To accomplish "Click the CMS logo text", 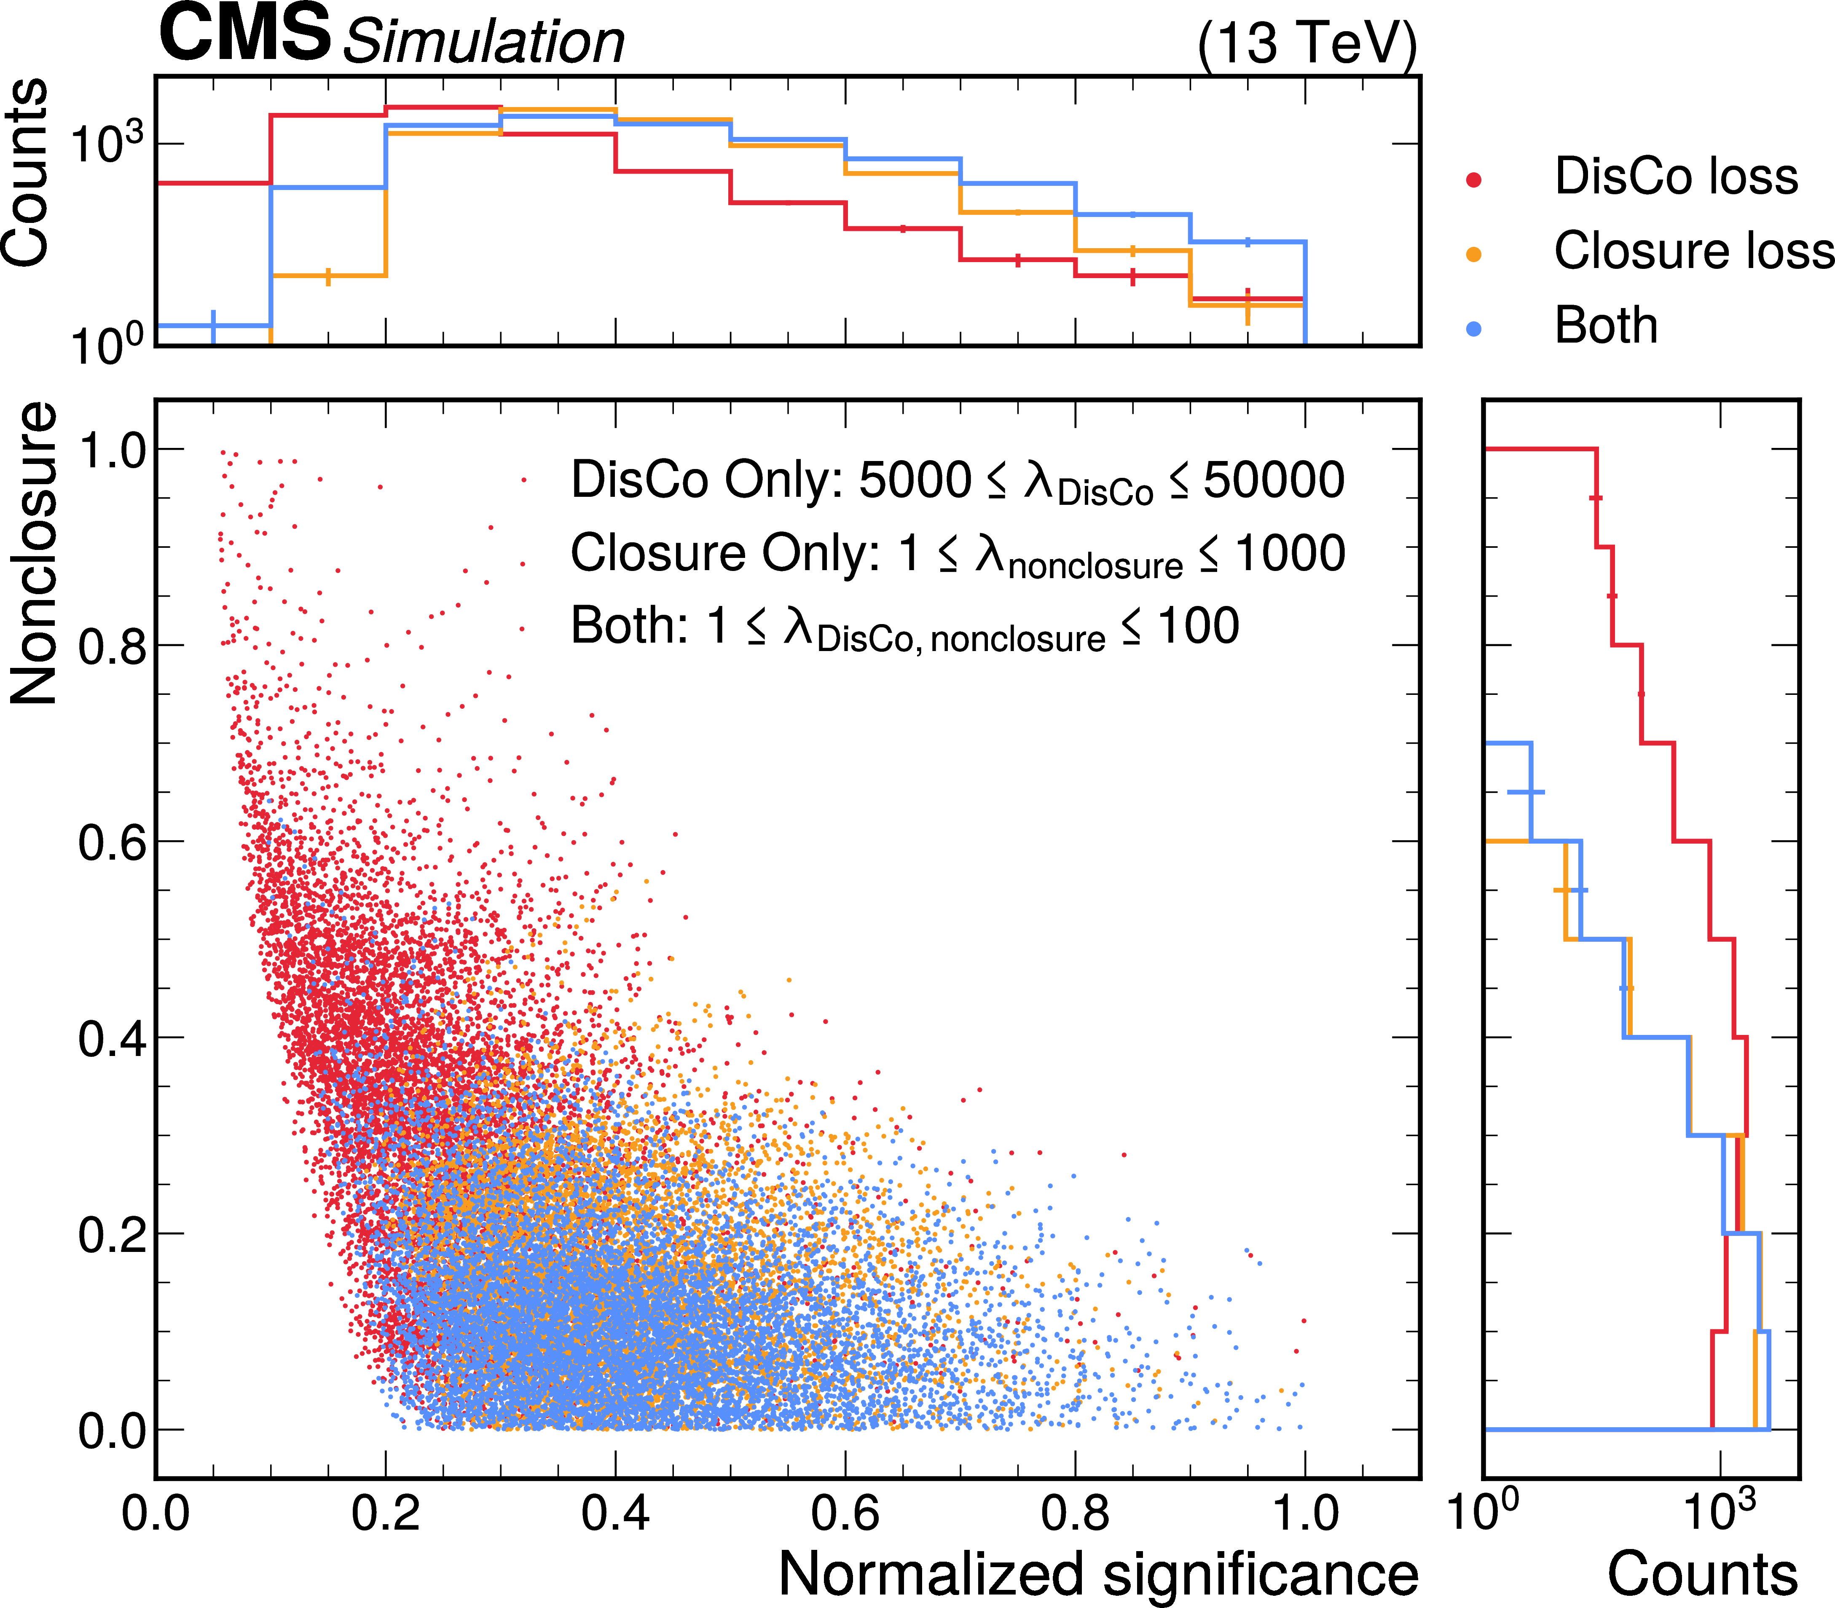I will tap(244, 34).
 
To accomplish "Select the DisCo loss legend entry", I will tap(1675, 177).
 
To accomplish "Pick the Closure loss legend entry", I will tap(1693, 251).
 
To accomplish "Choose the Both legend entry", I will tap(1605, 326).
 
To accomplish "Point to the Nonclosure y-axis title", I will tap(34, 554).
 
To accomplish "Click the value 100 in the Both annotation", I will tap(1199, 626).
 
